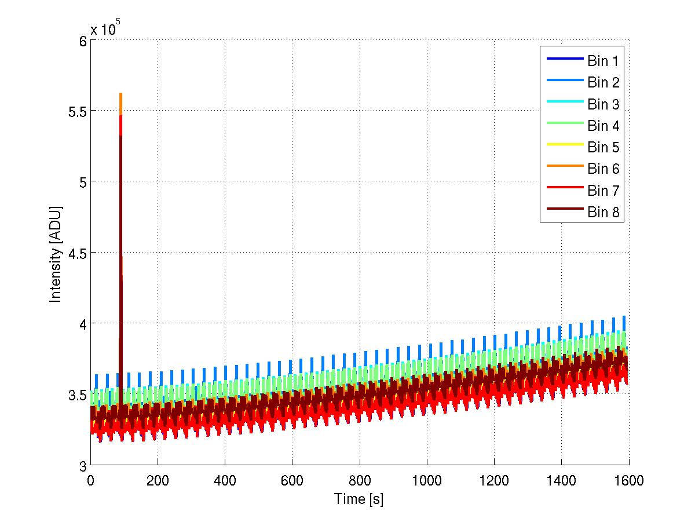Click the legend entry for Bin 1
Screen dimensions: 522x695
point(603,60)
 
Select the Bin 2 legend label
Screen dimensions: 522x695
point(603,82)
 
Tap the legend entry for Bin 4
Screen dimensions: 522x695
point(603,126)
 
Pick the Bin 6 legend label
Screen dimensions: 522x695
point(603,169)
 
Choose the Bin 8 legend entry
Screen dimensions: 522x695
point(603,213)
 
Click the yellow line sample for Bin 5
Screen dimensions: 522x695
point(564,147)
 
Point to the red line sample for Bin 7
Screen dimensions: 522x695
point(564,191)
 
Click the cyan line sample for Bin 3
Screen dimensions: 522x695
point(564,104)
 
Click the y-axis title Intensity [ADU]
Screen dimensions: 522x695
point(56,253)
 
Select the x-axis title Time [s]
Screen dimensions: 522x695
point(359,499)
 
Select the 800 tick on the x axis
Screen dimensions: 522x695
point(359,480)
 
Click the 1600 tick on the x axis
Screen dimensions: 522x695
point(628,480)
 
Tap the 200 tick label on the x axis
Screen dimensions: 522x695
point(158,480)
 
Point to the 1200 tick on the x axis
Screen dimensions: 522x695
point(493,480)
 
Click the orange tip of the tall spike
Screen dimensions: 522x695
point(120,95)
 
